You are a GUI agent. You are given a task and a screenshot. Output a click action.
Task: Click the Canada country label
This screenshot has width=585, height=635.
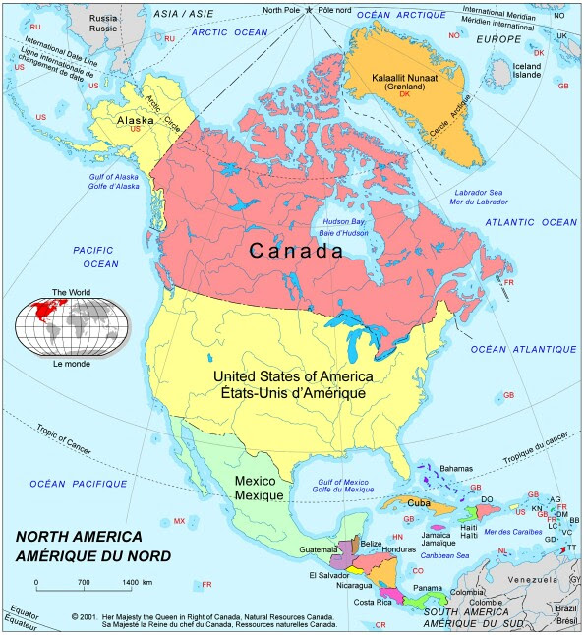pos(295,251)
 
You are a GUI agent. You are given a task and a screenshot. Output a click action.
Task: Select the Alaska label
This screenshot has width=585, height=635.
pos(136,121)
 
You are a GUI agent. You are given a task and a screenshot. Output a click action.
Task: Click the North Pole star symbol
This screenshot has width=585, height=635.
pos(310,10)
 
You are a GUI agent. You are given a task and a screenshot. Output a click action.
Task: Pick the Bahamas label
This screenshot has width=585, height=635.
pos(456,469)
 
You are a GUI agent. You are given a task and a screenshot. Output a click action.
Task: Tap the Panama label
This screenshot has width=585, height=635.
pos(427,588)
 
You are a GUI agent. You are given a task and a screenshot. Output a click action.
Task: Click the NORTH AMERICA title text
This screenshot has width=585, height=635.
pos(79,538)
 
